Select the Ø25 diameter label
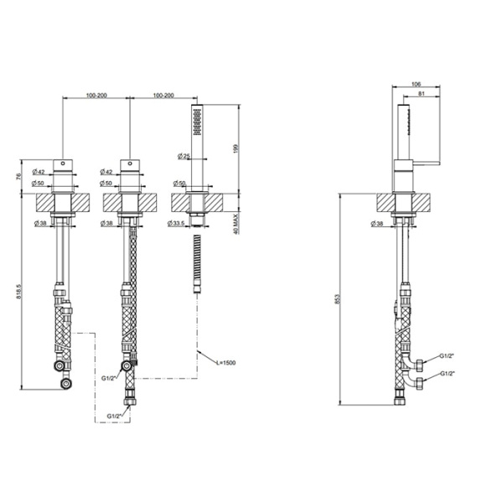pos(184,156)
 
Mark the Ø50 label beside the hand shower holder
pos(178,183)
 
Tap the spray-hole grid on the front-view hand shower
pos(197,123)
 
